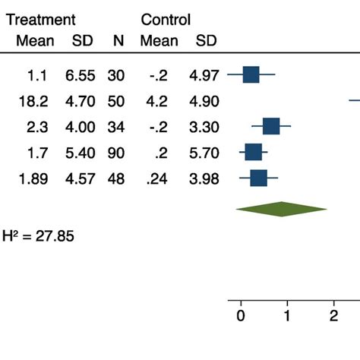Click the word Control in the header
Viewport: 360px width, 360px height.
pos(166,20)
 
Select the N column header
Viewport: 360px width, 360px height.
pos(118,41)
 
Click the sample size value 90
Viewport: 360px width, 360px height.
pos(118,152)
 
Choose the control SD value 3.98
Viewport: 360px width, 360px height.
pos(206,178)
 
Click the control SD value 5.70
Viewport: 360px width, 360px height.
pos(206,152)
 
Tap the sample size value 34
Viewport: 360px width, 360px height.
pos(118,126)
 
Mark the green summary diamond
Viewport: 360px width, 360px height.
pos(281,209)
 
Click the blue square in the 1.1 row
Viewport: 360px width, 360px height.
pos(251,74)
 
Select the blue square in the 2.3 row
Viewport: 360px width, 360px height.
pos(270,126)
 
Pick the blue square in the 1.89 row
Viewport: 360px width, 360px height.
pos(258,178)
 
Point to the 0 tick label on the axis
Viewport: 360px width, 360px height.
pos(241,317)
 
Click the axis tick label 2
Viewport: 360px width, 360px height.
pos(333,317)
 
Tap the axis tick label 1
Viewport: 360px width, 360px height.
pos(287,317)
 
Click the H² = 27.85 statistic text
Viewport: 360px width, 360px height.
pos(38,236)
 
